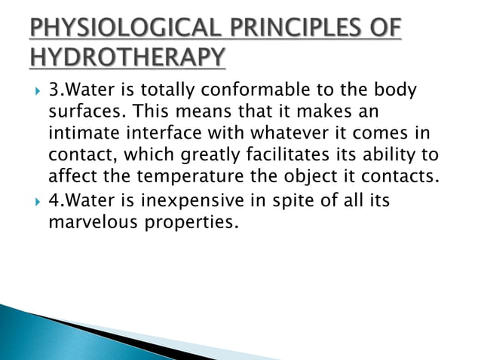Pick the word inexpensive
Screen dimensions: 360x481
209,203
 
